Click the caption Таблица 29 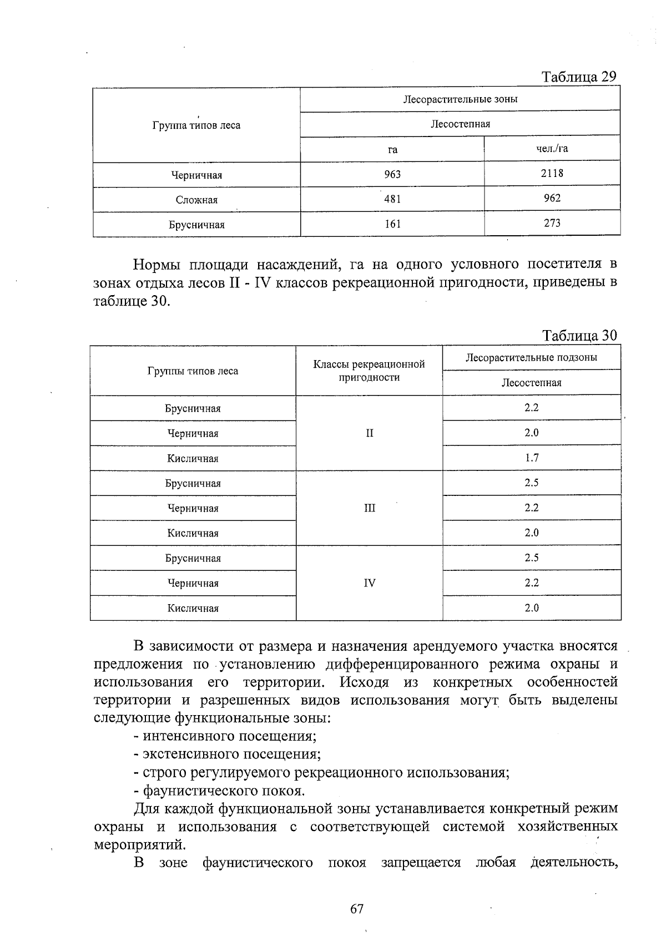click(579, 77)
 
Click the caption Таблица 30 click(579, 336)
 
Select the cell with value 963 click(392, 175)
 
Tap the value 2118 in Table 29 click(552, 173)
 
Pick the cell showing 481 click(392, 200)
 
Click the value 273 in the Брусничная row click(552, 223)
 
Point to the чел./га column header click(552, 149)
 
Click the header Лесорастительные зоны click(460, 100)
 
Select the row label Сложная click(196, 200)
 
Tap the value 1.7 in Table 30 click(531, 458)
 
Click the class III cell click(369, 508)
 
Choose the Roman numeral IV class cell click(369, 583)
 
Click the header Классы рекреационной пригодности click(369, 371)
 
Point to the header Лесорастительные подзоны click(531, 358)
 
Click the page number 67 click(356, 909)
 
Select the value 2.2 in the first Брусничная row click(531, 408)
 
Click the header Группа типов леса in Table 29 click(196, 125)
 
